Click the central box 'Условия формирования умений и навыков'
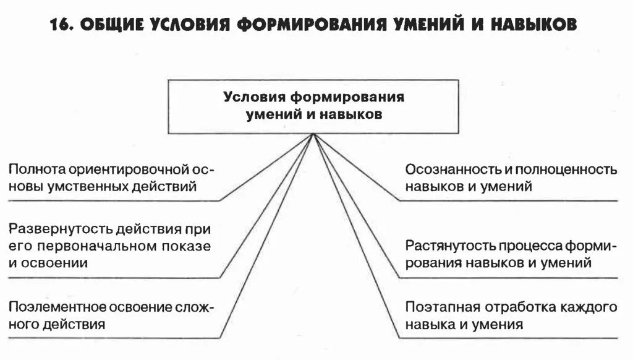[x=313, y=106]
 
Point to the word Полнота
[x=36, y=169]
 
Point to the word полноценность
[x=566, y=169]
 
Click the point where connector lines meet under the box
[x=313, y=135]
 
